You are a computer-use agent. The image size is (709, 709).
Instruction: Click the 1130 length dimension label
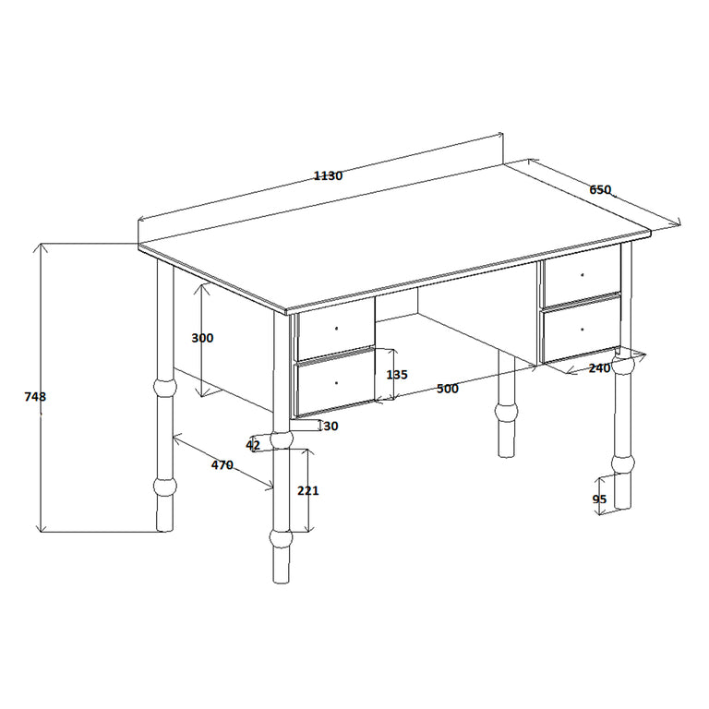(x=328, y=175)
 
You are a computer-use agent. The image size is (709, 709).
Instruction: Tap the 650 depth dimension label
(x=600, y=190)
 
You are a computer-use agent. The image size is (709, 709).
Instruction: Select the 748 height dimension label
(x=35, y=397)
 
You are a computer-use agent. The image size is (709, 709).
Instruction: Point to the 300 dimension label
(x=202, y=338)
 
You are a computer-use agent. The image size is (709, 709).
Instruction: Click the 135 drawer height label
(x=397, y=375)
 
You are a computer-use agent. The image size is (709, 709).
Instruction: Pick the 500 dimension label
(x=448, y=389)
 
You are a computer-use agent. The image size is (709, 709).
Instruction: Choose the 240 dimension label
(x=599, y=368)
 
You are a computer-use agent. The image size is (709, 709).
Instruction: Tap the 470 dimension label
(x=222, y=464)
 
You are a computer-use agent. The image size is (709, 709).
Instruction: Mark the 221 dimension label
(x=308, y=490)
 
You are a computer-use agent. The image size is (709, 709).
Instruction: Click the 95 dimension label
(x=599, y=499)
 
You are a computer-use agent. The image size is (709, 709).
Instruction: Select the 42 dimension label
(x=253, y=445)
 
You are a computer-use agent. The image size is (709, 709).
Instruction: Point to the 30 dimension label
(x=331, y=426)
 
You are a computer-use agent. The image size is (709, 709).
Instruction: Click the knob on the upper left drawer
(x=336, y=329)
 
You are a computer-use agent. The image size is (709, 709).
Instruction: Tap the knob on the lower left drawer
(x=336, y=383)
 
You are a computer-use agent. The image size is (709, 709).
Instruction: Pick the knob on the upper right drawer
(x=583, y=274)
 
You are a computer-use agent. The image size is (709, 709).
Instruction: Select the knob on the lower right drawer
(x=583, y=330)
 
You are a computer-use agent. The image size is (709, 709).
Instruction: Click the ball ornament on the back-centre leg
(x=507, y=412)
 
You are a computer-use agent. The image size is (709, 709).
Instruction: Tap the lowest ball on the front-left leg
(x=281, y=538)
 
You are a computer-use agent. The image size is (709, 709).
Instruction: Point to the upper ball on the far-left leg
(x=165, y=388)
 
